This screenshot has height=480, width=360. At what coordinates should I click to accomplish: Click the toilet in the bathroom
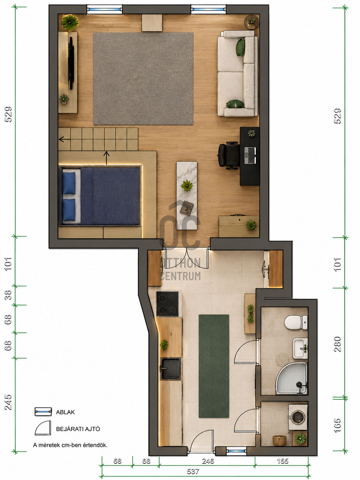pyautogui.click(x=296, y=322)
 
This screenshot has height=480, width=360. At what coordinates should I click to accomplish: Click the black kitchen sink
pyautogui.click(x=170, y=369)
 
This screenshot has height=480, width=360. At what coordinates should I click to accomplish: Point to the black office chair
pyautogui.click(x=229, y=155)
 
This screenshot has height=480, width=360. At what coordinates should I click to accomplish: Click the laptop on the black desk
pyautogui.click(x=250, y=155)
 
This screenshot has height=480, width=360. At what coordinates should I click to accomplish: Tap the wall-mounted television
pyautogui.click(x=71, y=63)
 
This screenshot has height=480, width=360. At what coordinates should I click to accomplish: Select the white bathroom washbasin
pyautogui.click(x=300, y=348)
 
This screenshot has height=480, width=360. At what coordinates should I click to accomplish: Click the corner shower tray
pyautogui.click(x=292, y=379)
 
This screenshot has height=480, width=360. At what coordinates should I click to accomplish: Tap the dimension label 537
pyautogui.click(x=193, y=471)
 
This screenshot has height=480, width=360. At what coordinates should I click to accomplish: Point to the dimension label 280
pyautogui.click(x=337, y=344)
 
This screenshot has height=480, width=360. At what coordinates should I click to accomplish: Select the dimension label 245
pyautogui.click(x=8, y=402)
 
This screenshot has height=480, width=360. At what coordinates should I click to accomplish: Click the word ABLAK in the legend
pyautogui.click(x=65, y=412)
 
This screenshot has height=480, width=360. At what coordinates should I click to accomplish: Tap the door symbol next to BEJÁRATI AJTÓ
pyautogui.click(x=43, y=428)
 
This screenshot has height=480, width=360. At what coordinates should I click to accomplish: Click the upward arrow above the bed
pyautogui.click(x=106, y=158)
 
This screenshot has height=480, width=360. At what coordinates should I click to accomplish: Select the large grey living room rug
pyautogui.click(x=143, y=79)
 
